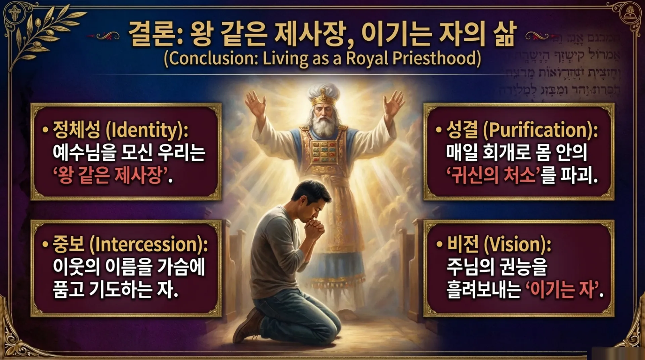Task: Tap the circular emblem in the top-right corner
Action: click(x=630, y=14)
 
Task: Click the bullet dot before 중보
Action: click(x=45, y=244)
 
